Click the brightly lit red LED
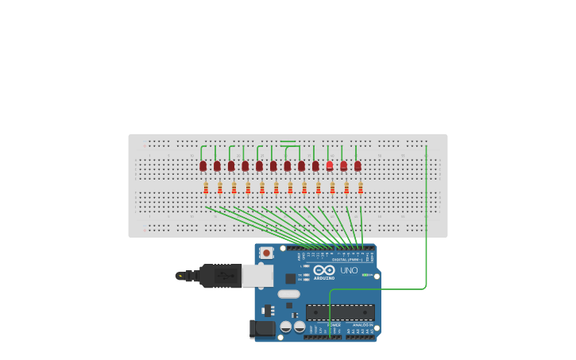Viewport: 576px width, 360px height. pyautogui.click(x=330, y=165)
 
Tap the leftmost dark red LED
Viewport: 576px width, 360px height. pyautogui.click(x=203, y=165)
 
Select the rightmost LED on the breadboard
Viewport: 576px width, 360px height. pyautogui.click(x=358, y=165)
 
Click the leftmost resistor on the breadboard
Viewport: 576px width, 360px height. pyautogui.click(x=206, y=188)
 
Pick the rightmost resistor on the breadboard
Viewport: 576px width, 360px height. pyautogui.click(x=361, y=188)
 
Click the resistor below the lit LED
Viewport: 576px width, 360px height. pyautogui.click(x=332, y=188)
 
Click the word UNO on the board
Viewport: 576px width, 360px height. pyautogui.click(x=350, y=270)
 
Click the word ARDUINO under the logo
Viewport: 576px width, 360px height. pyautogui.click(x=324, y=278)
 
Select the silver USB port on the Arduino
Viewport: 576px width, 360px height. pyautogui.click(x=257, y=276)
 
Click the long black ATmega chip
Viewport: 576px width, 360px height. pyautogui.click(x=340, y=312)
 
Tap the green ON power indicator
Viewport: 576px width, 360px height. pyautogui.click(x=366, y=275)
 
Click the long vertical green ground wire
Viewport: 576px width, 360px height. pyautogui.click(x=427, y=215)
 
